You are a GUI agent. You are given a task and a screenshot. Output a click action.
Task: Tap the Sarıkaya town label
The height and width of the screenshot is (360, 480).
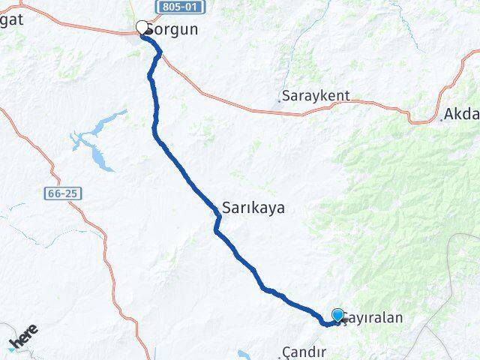click(253, 208)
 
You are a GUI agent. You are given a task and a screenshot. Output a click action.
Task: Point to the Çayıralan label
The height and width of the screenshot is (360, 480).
click(373, 317)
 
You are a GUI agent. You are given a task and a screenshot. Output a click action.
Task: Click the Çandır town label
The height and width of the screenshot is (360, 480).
click(305, 352)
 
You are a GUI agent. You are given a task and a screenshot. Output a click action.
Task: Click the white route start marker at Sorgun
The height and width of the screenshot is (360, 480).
click(142, 28)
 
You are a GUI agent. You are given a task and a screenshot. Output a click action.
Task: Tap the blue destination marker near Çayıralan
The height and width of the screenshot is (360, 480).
click(337, 315)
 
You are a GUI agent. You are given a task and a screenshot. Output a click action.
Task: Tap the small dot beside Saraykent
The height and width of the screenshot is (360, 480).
click(280, 99)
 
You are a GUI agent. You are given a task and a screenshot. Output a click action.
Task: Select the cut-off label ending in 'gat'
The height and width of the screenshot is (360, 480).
click(11, 19)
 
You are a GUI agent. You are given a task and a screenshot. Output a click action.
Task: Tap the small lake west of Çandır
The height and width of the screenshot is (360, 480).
click(246, 353)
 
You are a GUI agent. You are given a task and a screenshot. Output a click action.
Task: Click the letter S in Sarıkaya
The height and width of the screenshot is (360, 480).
click(226, 208)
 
